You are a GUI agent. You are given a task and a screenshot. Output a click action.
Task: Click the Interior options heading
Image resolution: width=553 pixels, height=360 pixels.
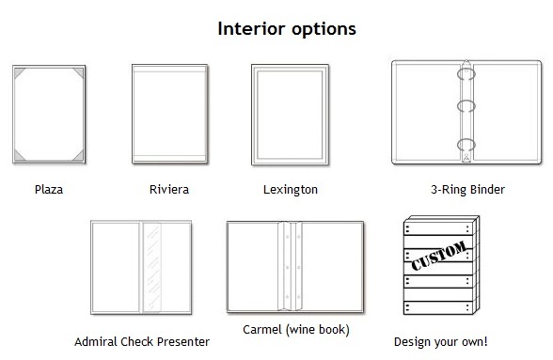pos(287,29)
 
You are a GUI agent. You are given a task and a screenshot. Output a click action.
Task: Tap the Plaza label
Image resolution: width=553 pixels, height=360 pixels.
pos(49,190)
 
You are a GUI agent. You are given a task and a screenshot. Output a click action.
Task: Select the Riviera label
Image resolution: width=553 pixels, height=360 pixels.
pos(169,190)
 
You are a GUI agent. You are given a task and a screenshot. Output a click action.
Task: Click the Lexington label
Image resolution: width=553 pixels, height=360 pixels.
pos(291,190)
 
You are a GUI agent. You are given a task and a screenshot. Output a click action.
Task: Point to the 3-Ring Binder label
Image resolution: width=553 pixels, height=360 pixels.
pos(467,190)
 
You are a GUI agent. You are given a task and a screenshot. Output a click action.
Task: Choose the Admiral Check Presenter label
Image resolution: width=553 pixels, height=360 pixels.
pos(142,341)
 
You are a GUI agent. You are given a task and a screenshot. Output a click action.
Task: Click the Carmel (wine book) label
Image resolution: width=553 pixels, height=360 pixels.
pos(296,330)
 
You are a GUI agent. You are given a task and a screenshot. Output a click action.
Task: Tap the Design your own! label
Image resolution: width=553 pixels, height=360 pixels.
pos(441,341)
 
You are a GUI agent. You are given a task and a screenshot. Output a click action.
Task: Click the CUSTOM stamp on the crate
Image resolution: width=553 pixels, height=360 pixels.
pos(439,256)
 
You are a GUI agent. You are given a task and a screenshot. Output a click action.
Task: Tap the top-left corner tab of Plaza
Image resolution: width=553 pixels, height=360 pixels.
pos(19,72)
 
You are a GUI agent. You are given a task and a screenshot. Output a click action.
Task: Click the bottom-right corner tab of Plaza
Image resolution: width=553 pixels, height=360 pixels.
pos(79,157)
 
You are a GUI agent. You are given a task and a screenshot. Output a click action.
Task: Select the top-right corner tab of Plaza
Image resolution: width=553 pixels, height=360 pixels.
pos(79,72)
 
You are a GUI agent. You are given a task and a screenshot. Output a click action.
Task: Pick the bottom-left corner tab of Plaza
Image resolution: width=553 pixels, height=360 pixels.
pos(19,157)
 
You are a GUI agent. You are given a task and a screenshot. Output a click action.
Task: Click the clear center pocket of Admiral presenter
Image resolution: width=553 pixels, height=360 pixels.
pos(152,267)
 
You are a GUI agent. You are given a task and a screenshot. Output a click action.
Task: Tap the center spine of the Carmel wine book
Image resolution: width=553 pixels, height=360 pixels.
pos(291,266)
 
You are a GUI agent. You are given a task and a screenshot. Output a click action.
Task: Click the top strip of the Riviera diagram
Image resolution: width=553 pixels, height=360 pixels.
pos(169,69)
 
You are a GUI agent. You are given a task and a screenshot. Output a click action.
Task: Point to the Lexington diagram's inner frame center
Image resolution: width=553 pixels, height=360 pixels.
pos(290,115)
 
